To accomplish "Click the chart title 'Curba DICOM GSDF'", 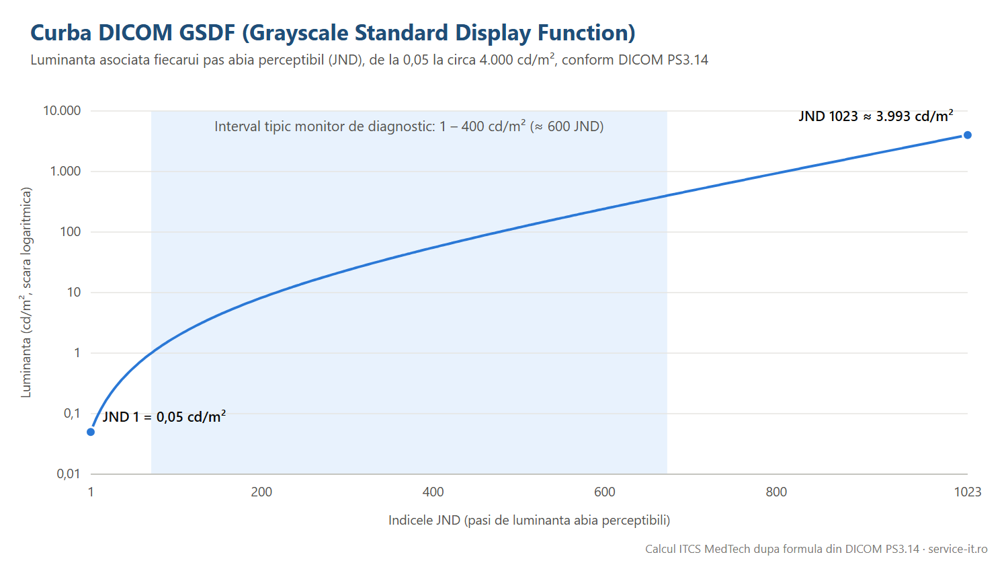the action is tap(133, 32).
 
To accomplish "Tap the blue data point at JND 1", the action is tap(91, 432).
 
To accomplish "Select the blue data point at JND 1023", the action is tap(968, 135).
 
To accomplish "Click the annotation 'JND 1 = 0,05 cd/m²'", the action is tap(164, 416).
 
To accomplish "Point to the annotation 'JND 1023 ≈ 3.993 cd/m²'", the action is tap(876, 116).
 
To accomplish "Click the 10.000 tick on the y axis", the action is tap(62, 111).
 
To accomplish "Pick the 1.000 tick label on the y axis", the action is tap(65, 172).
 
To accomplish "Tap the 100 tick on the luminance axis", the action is tap(70, 231).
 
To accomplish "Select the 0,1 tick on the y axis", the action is tap(72, 413).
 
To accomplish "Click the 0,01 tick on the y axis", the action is tap(69, 474).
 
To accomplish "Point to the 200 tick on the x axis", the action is tap(261, 492).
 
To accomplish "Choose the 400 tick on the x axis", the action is tap(433, 492).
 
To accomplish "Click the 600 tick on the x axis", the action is tap(604, 492).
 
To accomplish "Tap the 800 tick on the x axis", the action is tap(776, 492).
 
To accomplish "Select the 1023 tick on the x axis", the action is tap(968, 492).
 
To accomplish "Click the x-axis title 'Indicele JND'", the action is tap(424, 521).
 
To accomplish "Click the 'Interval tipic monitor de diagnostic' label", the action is tap(325, 126).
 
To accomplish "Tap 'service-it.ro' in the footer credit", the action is tap(958, 549).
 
